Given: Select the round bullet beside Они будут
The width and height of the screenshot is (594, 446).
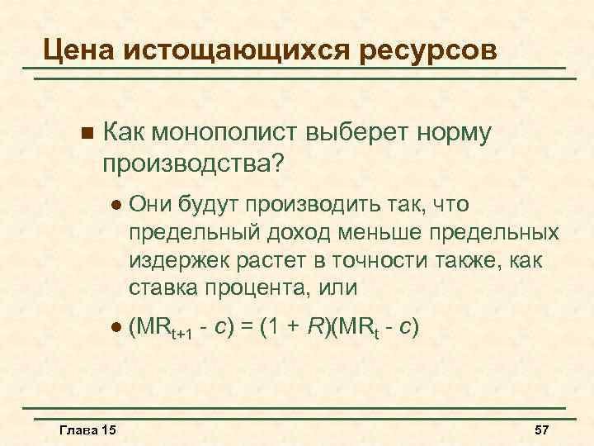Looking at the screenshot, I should tap(115, 203).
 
